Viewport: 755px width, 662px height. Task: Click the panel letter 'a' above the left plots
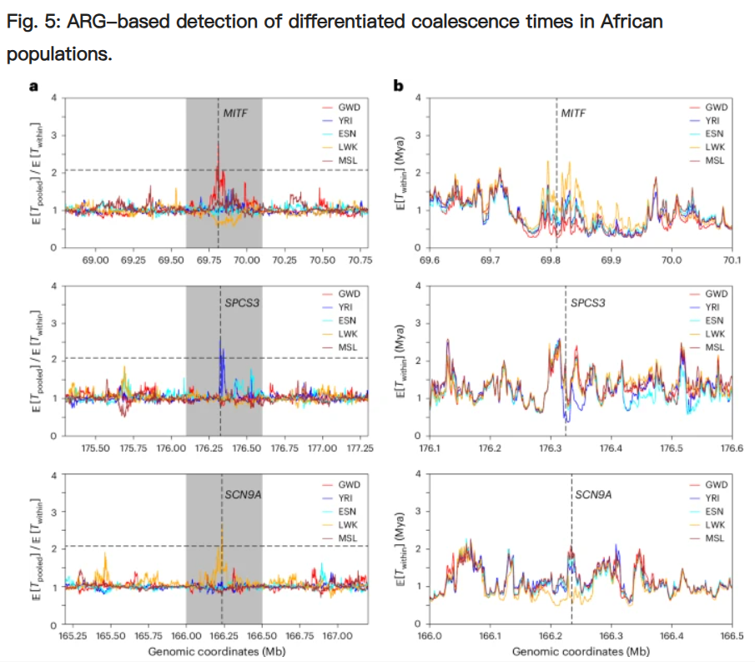coord(33,85)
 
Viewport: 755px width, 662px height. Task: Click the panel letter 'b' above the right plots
coord(398,85)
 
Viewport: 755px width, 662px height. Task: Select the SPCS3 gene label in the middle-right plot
coord(588,302)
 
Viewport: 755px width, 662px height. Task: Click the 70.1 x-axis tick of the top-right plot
coord(732,260)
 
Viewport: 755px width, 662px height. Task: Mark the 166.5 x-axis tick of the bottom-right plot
coord(732,636)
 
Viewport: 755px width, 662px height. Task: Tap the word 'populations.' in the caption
coord(58,55)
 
